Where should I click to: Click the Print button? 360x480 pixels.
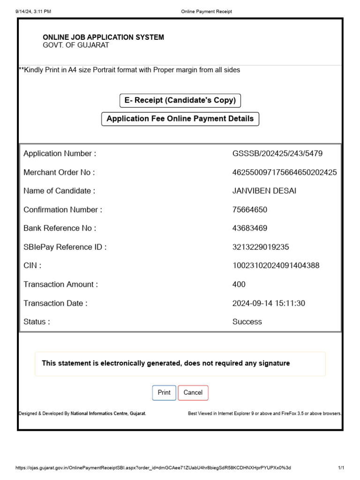pyautogui.click(x=164, y=393)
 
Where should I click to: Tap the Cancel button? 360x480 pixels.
pyautogui.click(x=193, y=393)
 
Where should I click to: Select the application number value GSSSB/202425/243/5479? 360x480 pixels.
pyautogui.click(x=277, y=154)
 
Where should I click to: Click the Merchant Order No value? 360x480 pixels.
pyautogui.click(x=284, y=172)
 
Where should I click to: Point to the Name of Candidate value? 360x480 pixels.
pyautogui.click(x=264, y=191)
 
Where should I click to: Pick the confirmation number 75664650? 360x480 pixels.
pyautogui.click(x=250, y=210)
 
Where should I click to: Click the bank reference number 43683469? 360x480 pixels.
pyautogui.click(x=250, y=228)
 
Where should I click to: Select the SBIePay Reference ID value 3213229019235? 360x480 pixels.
pyautogui.click(x=260, y=247)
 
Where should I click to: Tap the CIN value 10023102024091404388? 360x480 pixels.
pyautogui.click(x=276, y=266)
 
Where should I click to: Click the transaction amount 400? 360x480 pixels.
pyautogui.click(x=239, y=285)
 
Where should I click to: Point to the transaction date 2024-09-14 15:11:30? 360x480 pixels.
pyautogui.click(x=269, y=303)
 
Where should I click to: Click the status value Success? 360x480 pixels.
pyautogui.click(x=247, y=322)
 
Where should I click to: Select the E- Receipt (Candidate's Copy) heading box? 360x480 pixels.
pyautogui.click(x=180, y=101)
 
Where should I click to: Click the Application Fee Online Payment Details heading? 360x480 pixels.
pyautogui.click(x=180, y=119)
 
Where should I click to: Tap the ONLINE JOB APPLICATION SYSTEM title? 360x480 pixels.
pyautogui.click(x=104, y=37)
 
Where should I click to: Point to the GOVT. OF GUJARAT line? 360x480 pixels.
pyautogui.click(x=76, y=45)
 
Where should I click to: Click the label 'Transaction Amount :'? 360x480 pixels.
pyautogui.click(x=61, y=285)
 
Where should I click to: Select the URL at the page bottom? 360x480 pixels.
pyautogui.click(x=153, y=468)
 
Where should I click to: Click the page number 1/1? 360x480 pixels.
pyautogui.click(x=341, y=468)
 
